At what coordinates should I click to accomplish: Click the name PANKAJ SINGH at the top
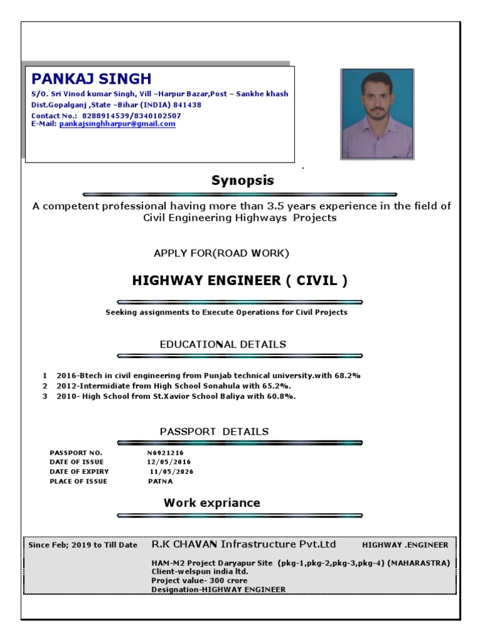[91, 79]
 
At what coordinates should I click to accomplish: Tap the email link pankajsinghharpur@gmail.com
[117, 124]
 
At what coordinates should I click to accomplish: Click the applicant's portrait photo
[377, 113]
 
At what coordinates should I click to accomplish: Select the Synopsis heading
[242, 181]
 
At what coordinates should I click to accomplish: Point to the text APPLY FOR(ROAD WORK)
[221, 253]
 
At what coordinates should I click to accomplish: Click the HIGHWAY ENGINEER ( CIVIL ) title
[240, 281]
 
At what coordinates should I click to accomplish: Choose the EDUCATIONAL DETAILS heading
[223, 344]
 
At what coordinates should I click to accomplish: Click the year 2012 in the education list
[66, 386]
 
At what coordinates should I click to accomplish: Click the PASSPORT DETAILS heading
[214, 431]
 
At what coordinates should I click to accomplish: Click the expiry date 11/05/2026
[172, 471]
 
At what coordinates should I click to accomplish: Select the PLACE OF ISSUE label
[78, 481]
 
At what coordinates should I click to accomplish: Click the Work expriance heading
[212, 502]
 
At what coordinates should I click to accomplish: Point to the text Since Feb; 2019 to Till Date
[83, 545]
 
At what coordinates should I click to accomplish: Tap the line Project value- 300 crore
[199, 580]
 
